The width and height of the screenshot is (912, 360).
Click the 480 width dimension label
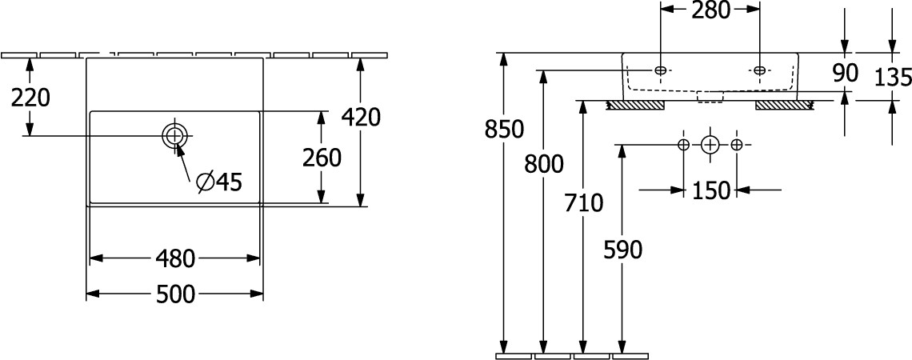click(175, 259)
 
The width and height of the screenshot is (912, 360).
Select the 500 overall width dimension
click(175, 295)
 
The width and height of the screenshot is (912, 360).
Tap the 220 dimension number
click(31, 98)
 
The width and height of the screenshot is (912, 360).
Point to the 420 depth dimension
click(361, 118)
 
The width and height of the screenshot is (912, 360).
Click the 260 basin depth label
click(321, 158)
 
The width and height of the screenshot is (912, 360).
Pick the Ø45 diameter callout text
click(218, 182)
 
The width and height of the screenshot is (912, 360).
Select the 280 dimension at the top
click(710, 10)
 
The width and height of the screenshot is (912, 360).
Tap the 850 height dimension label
click(504, 129)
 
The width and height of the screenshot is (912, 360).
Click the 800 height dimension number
click(544, 165)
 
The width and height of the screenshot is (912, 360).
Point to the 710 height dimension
click(584, 203)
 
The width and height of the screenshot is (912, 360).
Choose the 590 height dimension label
click(623, 250)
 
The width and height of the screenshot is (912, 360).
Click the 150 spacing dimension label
click(710, 190)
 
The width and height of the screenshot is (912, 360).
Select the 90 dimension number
click(845, 74)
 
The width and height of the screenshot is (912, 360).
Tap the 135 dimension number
click(893, 77)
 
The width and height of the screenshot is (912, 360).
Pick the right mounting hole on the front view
click(760, 70)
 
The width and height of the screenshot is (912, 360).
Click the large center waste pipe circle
click(710, 144)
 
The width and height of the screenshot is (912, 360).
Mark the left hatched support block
click(635, 106)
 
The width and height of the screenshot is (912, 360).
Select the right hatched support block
click(784, 106)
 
